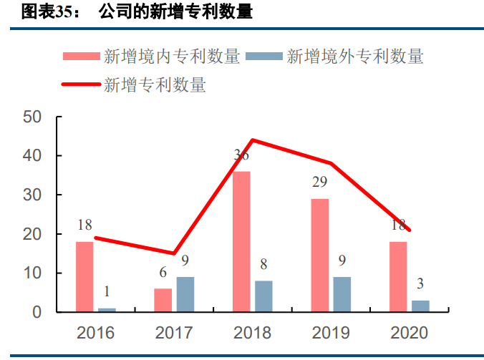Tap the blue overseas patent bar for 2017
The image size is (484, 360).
pos(185,294)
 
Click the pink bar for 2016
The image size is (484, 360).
pos(84,277)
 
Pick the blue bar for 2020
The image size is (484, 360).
pos(420,306)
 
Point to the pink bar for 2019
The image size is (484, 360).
pos(320,256)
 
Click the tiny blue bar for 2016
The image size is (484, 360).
pos(107,310)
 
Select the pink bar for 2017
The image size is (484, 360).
pos(163,301)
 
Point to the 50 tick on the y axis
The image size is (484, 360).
pos(32,117)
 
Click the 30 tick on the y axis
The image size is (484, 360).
pos(32,195)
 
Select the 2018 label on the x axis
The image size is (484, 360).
pos(252,333)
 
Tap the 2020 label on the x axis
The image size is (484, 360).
pos(409,333)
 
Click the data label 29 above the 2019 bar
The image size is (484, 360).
pos(319,182)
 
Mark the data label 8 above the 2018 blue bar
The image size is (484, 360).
pos(263,264)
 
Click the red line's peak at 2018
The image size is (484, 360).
pos(252,140)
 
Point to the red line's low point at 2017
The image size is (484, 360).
pos(174,253)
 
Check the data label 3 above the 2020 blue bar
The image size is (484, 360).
pos(420,284)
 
